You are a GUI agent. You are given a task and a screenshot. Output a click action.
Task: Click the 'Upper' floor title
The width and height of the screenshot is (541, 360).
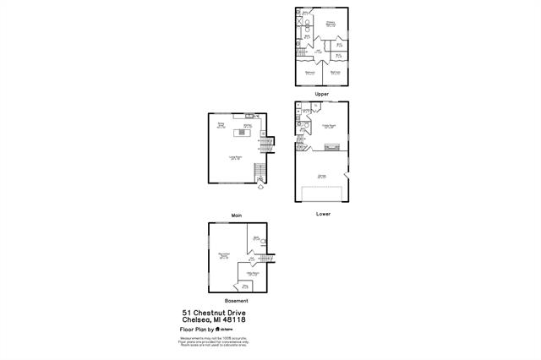point(321,94)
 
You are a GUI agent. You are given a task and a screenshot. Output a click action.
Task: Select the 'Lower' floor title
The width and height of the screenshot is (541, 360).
point(323,214)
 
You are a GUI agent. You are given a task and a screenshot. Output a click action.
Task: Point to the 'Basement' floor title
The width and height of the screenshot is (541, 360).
point(237,302)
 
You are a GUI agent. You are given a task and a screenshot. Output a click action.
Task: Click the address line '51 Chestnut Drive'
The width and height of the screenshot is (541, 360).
point(213,312)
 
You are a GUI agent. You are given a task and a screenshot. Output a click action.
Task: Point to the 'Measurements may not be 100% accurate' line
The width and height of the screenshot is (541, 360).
point(213,338)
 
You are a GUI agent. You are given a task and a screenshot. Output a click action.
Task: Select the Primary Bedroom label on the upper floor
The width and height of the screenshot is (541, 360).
point(331,25)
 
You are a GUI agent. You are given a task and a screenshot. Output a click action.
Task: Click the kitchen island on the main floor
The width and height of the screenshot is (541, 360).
point(243,132)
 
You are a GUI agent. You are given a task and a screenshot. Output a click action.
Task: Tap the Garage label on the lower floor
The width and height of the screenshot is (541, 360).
point(321,176)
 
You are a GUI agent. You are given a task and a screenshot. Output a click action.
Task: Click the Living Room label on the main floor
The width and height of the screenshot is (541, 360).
point(234,157)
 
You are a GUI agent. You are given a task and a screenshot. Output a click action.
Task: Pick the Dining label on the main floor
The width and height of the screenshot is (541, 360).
point(221,125)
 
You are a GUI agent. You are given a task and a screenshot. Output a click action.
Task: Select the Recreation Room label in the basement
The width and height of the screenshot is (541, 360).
point(224,255)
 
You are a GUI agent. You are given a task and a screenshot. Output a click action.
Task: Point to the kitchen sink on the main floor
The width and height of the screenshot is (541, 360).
point(249,116)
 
